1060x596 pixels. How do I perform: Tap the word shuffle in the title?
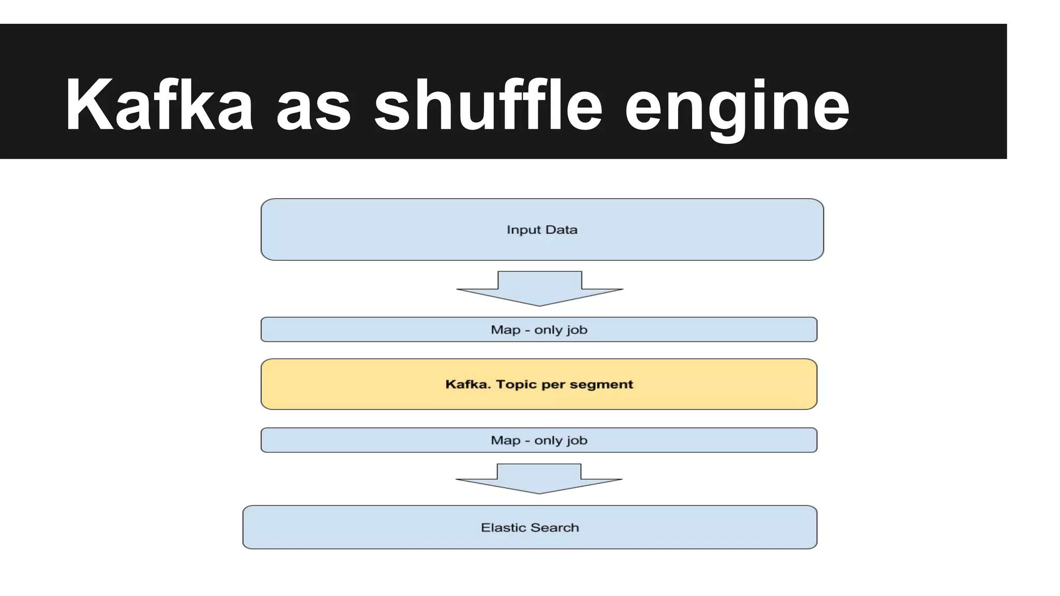488,105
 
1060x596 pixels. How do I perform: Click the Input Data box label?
542,230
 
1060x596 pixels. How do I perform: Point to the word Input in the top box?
523,230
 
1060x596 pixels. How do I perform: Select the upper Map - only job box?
539,330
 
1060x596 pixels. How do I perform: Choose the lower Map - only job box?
539,440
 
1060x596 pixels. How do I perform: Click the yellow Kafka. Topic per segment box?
539,384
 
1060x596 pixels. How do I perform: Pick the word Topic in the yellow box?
516,384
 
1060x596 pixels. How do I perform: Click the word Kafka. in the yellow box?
468,384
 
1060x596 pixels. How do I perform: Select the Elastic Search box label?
529,528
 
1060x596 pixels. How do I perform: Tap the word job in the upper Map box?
577,330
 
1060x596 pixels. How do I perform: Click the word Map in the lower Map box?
506,440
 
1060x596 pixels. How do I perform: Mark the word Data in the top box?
562,230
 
